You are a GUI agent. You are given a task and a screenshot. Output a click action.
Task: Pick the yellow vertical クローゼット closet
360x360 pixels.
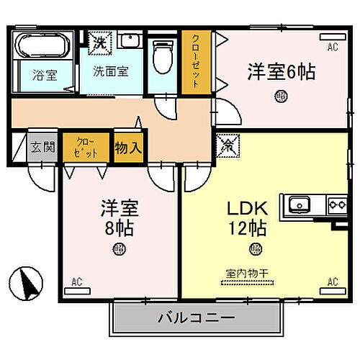tap(194, 63)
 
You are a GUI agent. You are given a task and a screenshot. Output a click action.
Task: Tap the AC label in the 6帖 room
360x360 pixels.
tap(333, 48)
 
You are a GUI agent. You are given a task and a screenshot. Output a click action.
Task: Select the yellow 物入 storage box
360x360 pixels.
tap(129, 148)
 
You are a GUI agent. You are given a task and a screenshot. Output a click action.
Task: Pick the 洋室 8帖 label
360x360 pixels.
tap(118, 220)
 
